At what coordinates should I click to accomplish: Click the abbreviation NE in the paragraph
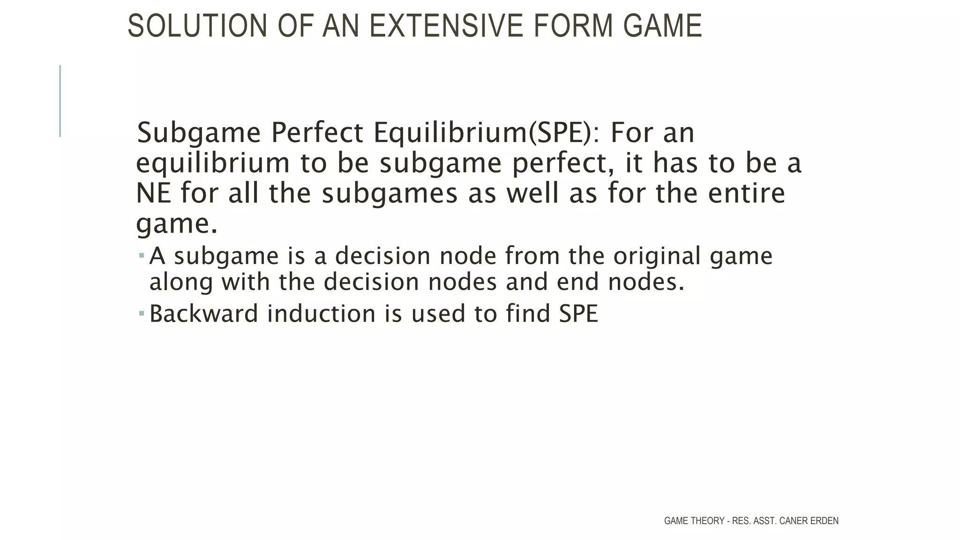tap(153, 193)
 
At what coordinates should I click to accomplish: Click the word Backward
tap(203, 314)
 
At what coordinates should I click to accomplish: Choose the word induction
tap(321, 314)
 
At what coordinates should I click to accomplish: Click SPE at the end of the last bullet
tap(578, 314)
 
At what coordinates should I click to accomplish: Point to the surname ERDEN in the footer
tap(824, 521)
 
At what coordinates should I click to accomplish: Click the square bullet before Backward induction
tap(142, 313)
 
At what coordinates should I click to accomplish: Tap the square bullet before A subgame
tap(142, 255)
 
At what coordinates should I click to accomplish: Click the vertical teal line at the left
tap(60, 101)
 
